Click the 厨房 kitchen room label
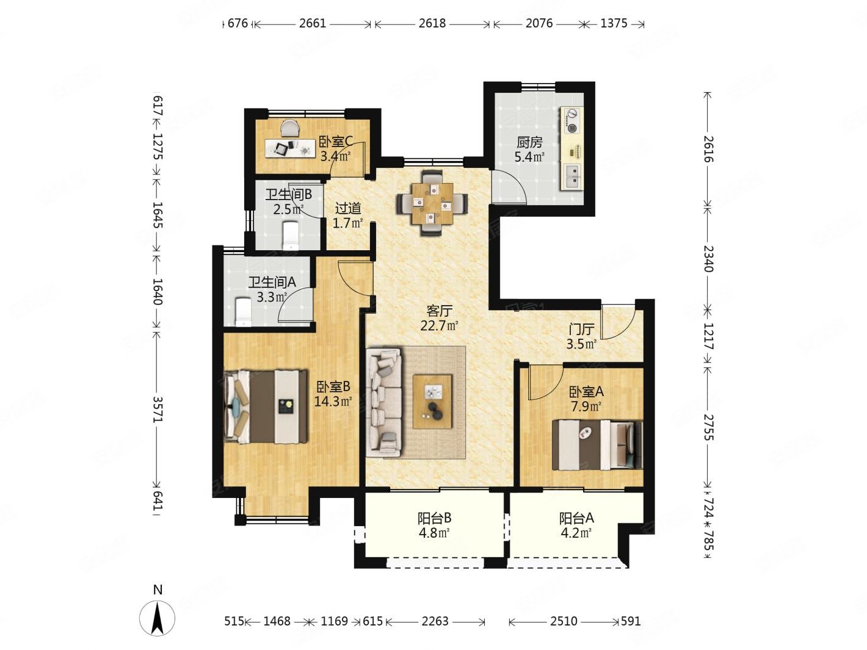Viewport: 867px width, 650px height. click(529, 142)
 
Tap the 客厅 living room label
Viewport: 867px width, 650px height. click(439, 311)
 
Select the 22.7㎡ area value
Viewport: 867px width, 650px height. click(439, 326)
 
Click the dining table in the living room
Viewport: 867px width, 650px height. click(432, 203)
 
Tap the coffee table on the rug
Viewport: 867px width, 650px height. click(432, 402)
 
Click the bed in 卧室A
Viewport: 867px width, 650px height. click(597, 445)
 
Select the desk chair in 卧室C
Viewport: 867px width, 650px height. click(289, 129)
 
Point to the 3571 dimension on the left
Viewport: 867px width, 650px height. click(158, 410)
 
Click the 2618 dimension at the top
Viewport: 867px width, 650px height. click(432, 23)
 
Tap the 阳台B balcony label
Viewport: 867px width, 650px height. click(435, 518)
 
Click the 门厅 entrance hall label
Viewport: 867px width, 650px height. click(581, 329)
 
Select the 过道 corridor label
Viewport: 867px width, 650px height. click(348, 208)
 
